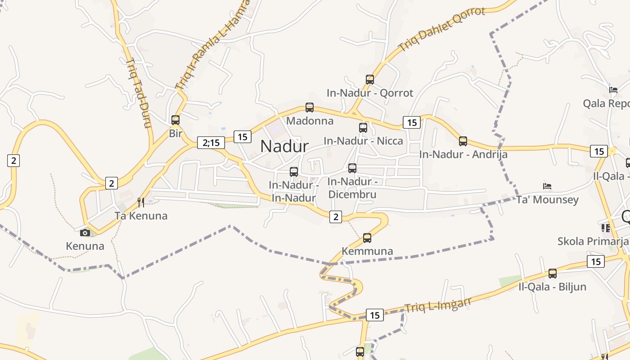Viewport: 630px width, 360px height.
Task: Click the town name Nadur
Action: coord(284,146)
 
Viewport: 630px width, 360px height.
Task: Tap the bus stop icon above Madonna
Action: coord(310,108)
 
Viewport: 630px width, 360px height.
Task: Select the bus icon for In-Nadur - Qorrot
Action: coord(370,80)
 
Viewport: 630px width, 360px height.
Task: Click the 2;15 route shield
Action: coord(211,143)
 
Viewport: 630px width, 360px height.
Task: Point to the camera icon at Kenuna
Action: coord(85,233)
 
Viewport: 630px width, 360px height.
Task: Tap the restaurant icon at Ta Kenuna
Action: coord(141,202)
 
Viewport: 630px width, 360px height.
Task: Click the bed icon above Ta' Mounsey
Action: coord(547,186)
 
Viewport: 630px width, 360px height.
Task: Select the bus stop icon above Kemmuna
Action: coord(367,238)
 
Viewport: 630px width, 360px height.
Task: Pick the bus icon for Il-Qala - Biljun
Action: coord(553,273)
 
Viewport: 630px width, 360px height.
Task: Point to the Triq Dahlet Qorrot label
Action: coord(442,29)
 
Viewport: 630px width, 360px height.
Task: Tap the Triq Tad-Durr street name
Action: coord(138,93)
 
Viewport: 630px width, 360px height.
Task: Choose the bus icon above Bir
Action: coord(175,120)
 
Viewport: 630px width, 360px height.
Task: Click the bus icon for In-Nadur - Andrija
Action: coord(463,141)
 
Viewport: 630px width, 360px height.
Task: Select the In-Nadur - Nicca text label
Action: coord(363,141)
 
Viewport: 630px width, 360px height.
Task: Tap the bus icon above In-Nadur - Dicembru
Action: coord(352,168)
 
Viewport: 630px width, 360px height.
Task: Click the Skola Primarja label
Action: coord(592,241)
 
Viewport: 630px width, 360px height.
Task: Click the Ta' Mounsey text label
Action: coord(547,200)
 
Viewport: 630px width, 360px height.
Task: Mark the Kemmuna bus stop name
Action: coord(367,251)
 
